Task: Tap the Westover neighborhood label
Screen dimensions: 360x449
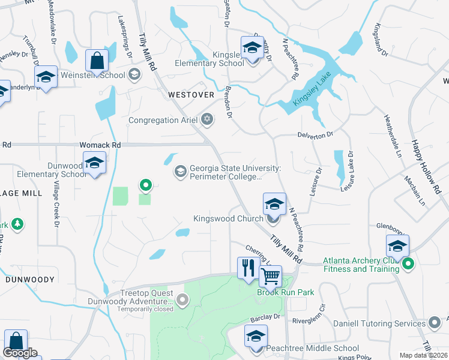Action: (191, 95)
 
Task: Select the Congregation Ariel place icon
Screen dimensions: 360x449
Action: (208, 120)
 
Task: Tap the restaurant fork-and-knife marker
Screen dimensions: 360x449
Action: (247, 268)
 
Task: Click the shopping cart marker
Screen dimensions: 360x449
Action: (271, 277)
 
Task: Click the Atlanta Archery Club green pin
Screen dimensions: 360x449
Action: (409, 263)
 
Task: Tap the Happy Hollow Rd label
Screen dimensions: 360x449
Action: (424, 167)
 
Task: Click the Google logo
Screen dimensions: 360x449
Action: (20, 353)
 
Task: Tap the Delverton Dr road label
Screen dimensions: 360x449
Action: (315, 135)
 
